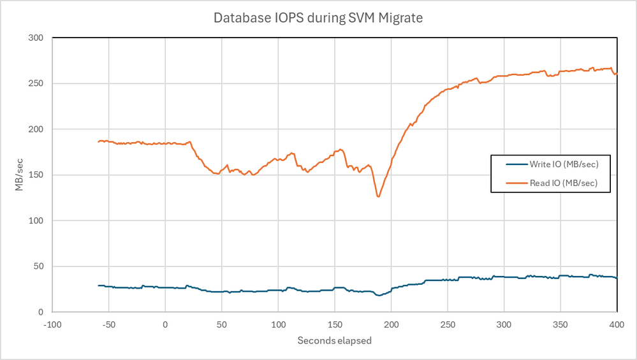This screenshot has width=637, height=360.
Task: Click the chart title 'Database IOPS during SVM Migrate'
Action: pyautogui.click(x=318, y=18)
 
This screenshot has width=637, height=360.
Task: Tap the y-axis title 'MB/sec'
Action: pyautogui.click(x=19, y=175)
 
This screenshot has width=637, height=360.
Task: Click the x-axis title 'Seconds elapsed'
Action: pyautogui.click(x=334, y=340)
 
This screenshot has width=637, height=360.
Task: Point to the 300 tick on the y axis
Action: pyautogui.click(x=36, y=38)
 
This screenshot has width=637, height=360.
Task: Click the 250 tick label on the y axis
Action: pyautogui.click(x=36, y=83)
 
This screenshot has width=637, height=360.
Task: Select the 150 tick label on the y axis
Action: pyautogui.click(x=36, y=175)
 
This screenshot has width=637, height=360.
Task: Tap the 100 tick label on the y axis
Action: pyautogui.click(x=36, y=220)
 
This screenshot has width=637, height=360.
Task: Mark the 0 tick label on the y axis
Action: pyautogui.click(x=40, y=312)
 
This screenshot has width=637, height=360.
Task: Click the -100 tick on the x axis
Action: pyautogui.click(x=52, y=324)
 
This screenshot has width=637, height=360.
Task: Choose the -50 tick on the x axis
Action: pyautogui.click(x=108, y=324)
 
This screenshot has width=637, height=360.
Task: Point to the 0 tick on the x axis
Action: pyautogui.click(x=165, y=324)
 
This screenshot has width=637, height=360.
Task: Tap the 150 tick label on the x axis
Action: pyautogui.click(x=334, y=324)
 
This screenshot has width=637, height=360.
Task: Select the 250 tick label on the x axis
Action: pyautogui.click(x=448, y=324)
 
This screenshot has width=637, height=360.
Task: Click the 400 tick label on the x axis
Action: pyautogui.click(x=617, y=324)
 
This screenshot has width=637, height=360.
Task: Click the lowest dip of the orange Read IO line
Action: pyautogui.click(x=378, y=196)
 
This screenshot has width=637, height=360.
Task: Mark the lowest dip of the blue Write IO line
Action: pyautogui.click(x=378, y=295)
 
